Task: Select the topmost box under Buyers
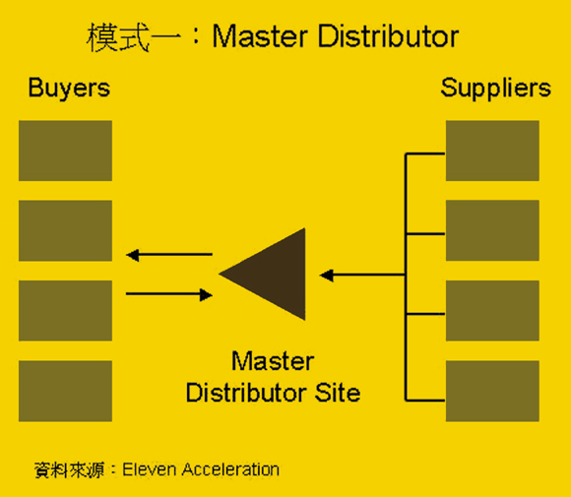tap(65, 151)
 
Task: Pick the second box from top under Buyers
tap(65, 230)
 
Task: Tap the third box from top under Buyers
tap(65, 310)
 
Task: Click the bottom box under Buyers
tap(65, 391)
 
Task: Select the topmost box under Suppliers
tap(492, 151)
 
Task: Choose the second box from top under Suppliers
tap(492, 230)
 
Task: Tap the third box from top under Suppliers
tap(492, 310)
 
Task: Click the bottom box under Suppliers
tap(492, 391)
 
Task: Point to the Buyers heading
tap(69, 88)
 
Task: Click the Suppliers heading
tap(495, 89)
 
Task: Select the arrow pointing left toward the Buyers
tap(169, 256)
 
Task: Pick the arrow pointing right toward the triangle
tap(169, 294)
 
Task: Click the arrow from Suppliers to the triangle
tap(362, 276)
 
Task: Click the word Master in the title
tap(251, 37)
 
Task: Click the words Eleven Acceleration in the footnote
tap(201, 469)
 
